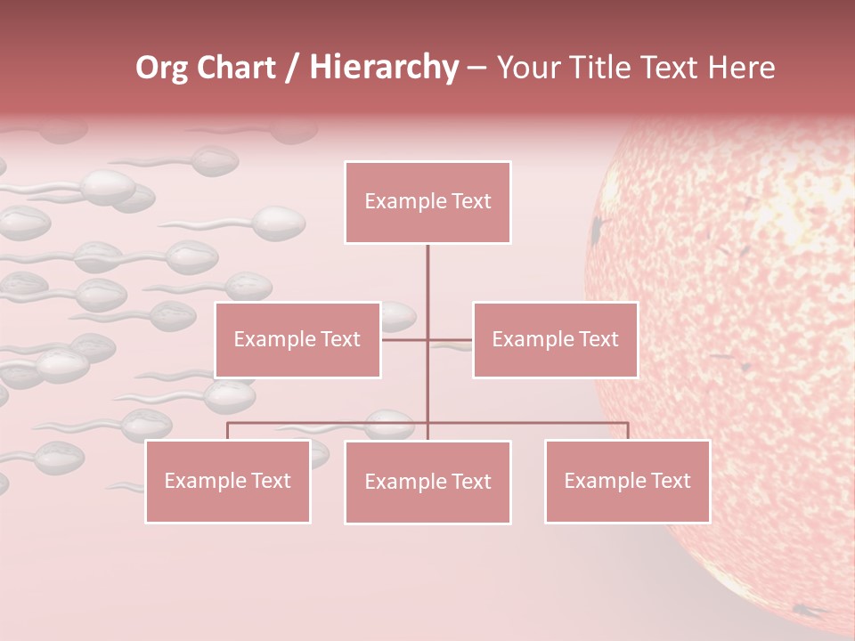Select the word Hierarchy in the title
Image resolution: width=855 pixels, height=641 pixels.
tap(384, 68)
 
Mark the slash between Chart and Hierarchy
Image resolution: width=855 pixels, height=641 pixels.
tap(292, 69)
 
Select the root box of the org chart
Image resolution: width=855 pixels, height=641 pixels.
tap(427, 202)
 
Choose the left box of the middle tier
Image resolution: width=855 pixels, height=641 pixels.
tap(297, 339)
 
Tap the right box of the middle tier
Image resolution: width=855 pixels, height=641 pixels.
tap(555, 339)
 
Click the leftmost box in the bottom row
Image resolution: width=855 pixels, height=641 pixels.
tap(227, 481)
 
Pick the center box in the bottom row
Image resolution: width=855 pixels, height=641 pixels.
tap(427, 482)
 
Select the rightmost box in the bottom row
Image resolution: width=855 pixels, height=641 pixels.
tap(627, 481)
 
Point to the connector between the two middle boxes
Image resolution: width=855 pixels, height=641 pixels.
tap(427, 339)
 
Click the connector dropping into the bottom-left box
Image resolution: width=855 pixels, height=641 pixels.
tap(227, 431)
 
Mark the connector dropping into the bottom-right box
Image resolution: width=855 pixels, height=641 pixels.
tap(628, 431)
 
